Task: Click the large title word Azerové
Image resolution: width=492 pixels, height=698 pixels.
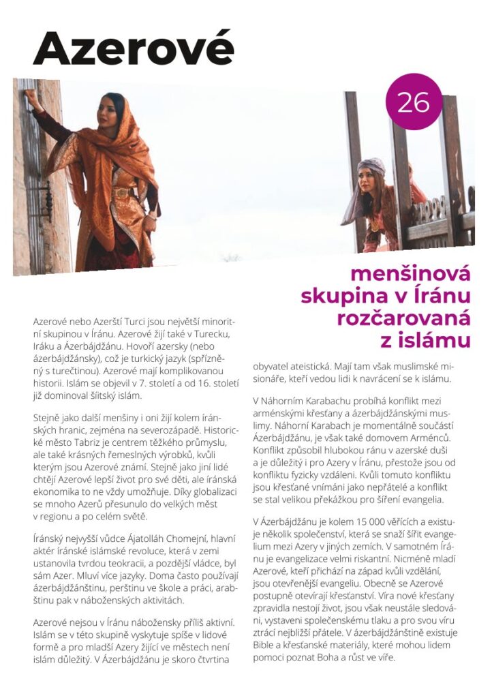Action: pyautogui.click(x=133, y=48)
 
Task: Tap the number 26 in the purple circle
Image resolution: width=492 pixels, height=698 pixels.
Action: pyautogui.click(x=413, y=102)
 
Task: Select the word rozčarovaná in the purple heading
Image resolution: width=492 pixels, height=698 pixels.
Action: pyautogui.click(x=403, y=318)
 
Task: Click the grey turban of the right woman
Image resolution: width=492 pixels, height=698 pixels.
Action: pyautogui.click(x=374, y=166)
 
